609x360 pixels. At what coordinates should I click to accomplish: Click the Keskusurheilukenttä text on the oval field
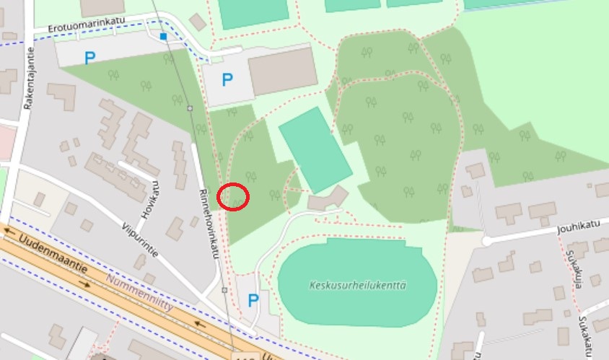(x=356, y=285)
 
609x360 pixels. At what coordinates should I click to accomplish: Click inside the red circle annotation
(x=233, y=196)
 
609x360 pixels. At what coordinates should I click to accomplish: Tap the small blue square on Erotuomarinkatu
(x=164, y=36)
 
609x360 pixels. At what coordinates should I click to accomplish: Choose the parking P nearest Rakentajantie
(x=89, y=58)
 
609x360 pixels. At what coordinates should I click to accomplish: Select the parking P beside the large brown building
(x=227, y=79)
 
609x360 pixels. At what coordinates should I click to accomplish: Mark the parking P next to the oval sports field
(x=253, y=300)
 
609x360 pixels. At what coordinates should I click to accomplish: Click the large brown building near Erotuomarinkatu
(x=282, y=70)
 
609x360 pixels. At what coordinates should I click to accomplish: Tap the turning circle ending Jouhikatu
(x=486, y=241)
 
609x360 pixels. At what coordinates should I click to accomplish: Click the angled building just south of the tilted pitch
(x=328, y=198)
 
